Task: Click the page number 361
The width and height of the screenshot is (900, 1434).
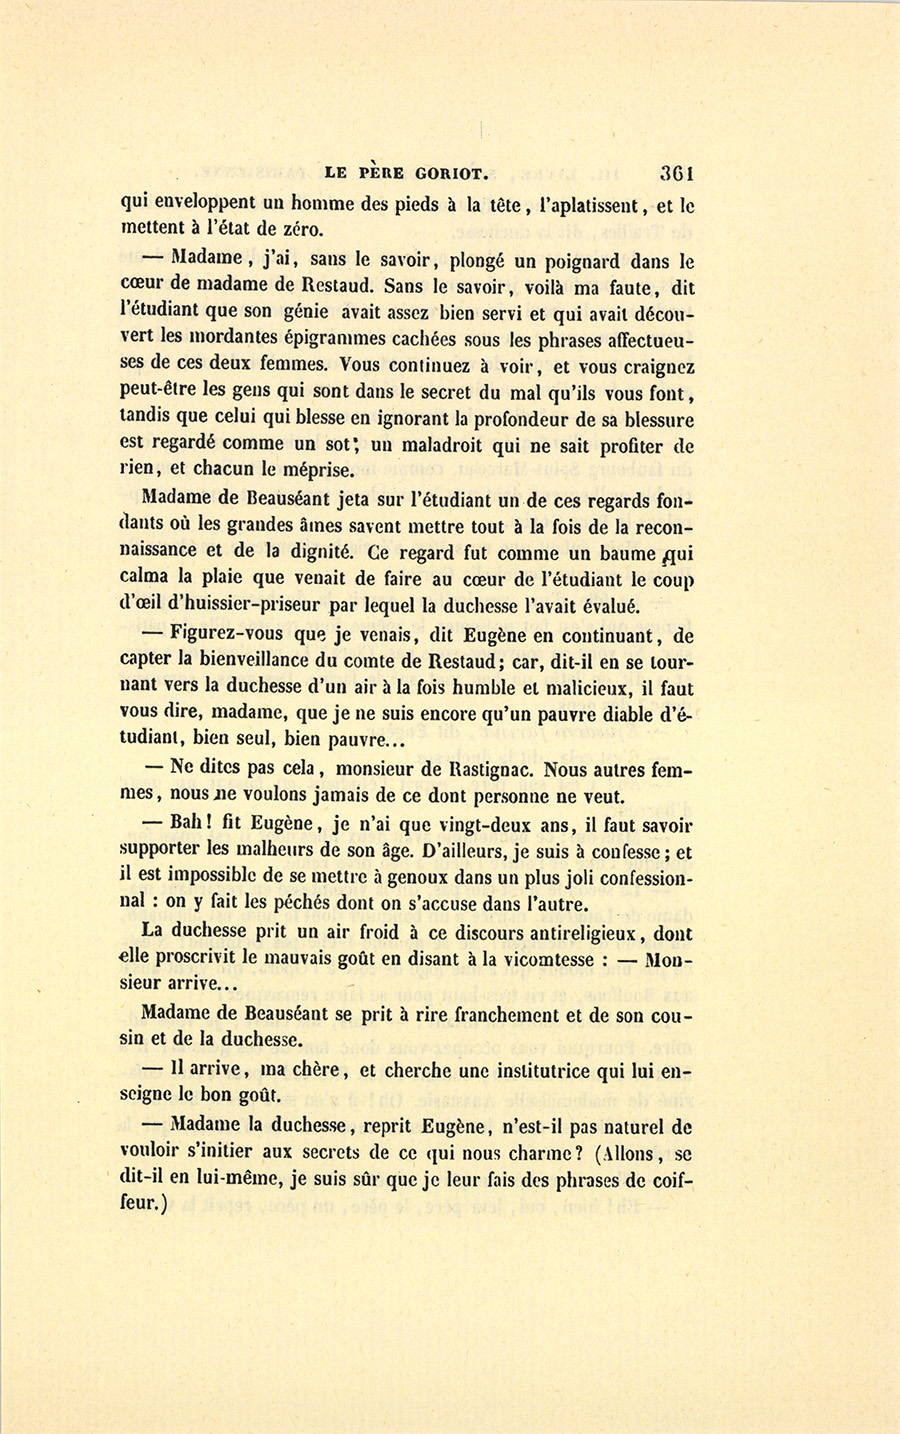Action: tap(676, 172)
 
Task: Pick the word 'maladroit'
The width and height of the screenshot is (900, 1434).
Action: tap(453, 446)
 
